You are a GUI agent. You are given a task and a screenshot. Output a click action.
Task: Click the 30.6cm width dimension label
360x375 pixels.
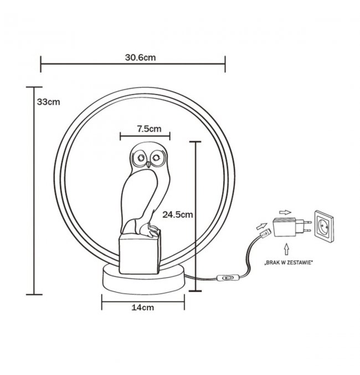(140, 57)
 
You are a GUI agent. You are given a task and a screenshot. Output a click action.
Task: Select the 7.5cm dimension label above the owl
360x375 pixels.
(149, 129)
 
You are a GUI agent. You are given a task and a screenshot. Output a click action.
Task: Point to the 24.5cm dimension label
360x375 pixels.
(177, 214)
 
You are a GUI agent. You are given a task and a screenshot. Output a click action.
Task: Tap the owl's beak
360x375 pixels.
(148, 164)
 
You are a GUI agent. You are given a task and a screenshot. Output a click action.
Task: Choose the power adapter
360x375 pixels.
(289, 227)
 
